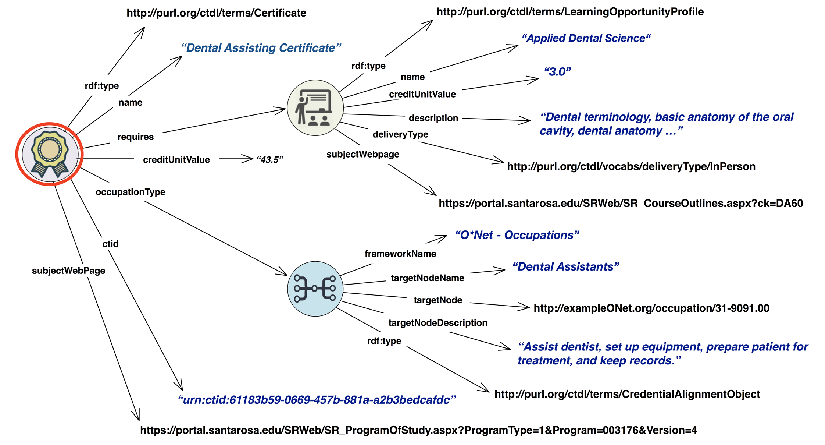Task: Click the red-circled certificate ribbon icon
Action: (x=50, y=154)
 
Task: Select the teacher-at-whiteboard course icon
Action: (x=315, y=108)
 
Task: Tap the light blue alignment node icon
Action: (x=315, y=289)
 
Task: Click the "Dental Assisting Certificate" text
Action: (x=261, y=48)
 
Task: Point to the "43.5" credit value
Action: (x=270, y=160)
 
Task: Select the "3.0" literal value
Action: (x=557, y=72)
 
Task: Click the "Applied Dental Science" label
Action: (x=586, y=38)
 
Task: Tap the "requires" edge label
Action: (x=135, y=137)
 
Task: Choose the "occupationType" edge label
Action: (x=130, y=192)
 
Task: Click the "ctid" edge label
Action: (x=110, y=244)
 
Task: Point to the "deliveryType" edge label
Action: (x=400, y=134)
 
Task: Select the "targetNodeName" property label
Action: (x=427, y=278)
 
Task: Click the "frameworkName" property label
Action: (x=400, y=254)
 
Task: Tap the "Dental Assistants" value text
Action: (x=565, y=267)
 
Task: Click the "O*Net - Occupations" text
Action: (x=517, y=235)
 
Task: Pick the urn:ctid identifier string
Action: (x=317, y=400)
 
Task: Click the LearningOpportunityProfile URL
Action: (x=570, y=12)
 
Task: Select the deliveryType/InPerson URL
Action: (x=631, y=166)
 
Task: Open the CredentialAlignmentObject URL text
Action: (x=627, y=394)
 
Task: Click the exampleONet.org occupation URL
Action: (x=651, y=308)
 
